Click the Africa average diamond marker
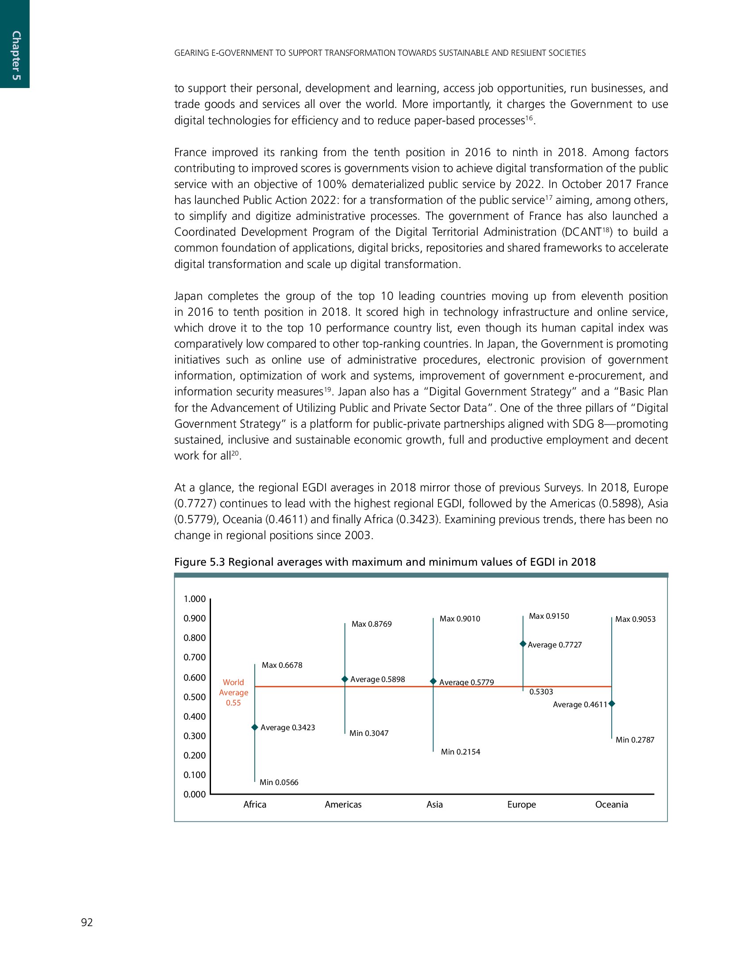point(255,727)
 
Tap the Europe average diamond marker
point(523,644)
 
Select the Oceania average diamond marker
point(612,704)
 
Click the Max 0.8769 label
point(372,624)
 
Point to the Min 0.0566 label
point(279,782)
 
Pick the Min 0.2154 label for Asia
point(460,752)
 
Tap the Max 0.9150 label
point(549,616)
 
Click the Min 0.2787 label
point(635,740)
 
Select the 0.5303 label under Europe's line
point(541,692)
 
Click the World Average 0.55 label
point(234,692)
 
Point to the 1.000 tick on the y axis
point(195,599)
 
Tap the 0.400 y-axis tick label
point(195,716)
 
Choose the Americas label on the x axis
point(343,804)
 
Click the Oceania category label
point(612,804)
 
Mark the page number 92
point(87,923)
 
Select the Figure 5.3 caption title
point(384,562)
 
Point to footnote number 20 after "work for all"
point(235,453)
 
